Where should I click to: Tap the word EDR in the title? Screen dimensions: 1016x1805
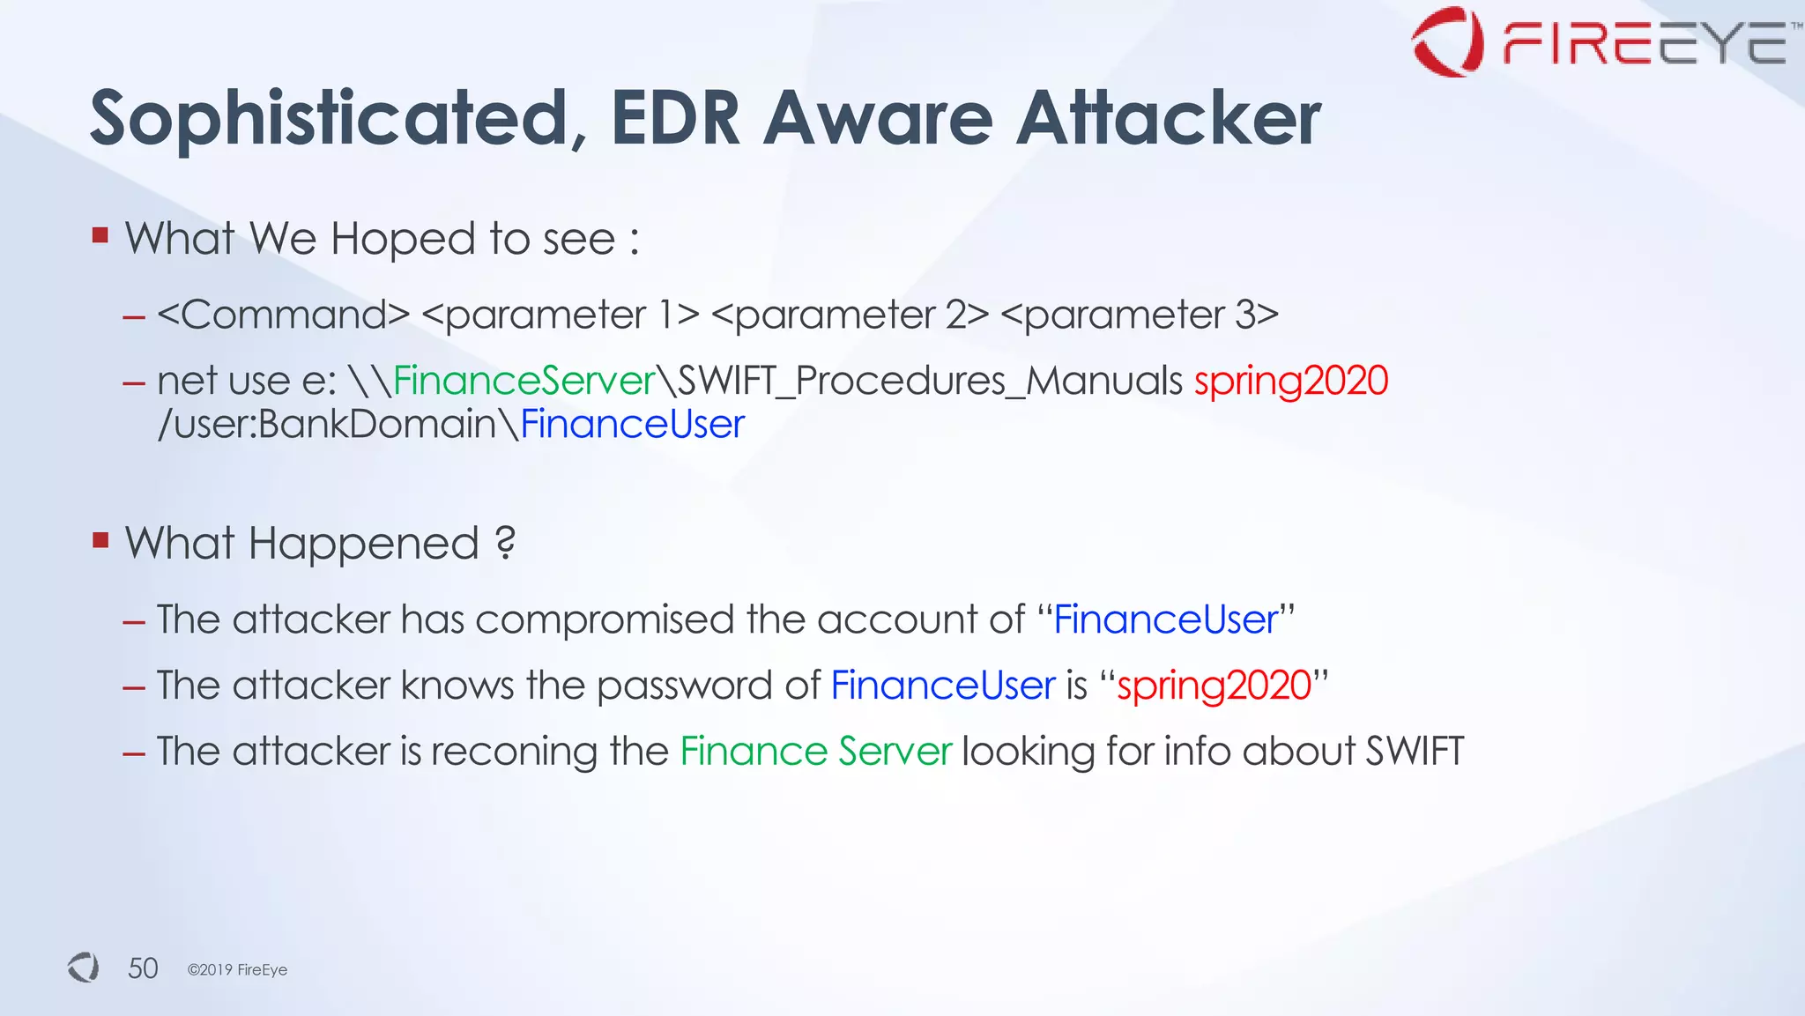tap(675, 118)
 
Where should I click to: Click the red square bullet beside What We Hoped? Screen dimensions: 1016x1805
tap(100, 235)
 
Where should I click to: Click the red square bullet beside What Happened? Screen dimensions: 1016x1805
tap(100, 539)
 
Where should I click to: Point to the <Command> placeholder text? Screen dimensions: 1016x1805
tap(284, 315)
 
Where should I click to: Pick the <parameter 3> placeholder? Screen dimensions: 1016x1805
tap(1140, 315)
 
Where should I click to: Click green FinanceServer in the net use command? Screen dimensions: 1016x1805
tap(524, 381)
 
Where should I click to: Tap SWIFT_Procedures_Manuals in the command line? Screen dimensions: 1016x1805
tap(930, 381)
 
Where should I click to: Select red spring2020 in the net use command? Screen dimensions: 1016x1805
tap(1291, 381)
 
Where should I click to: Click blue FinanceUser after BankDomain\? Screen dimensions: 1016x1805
tap(632, 424)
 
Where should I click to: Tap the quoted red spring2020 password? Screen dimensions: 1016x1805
tap(1214, 686)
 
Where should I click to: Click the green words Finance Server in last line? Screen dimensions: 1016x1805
tap(815, 752)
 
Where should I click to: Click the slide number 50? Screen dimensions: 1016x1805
tap(143, 968)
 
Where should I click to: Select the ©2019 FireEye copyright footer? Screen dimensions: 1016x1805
tap(237, 969)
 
